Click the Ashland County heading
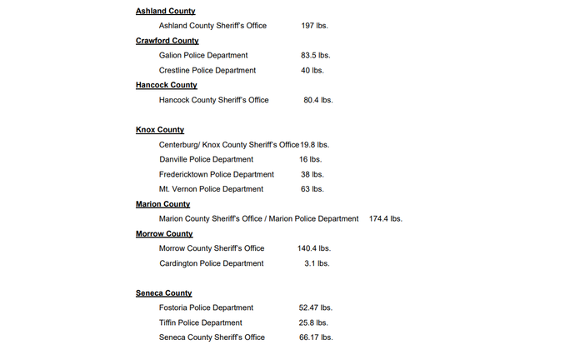pos(165,11)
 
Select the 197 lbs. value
pos(314,26)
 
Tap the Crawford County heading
pos(167,41)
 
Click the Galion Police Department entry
pos(202,56)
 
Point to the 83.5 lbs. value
pos(315,56)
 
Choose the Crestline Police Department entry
pos(207,70)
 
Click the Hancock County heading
pos(166,85)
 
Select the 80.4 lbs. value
pos(317,100)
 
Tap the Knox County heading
pos(160,130)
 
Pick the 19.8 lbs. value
pos(315,145)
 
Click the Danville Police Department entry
pos(206,159)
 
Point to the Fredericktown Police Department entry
pos(216,174)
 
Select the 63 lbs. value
pos(312,189)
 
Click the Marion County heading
pos(162,204)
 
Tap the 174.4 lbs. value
pos(385,219)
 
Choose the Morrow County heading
pos(164,234)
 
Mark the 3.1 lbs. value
pos(317,263)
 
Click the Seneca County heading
pos(163,293)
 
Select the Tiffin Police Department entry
pos(200,322)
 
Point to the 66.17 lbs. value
pos(315,337)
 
